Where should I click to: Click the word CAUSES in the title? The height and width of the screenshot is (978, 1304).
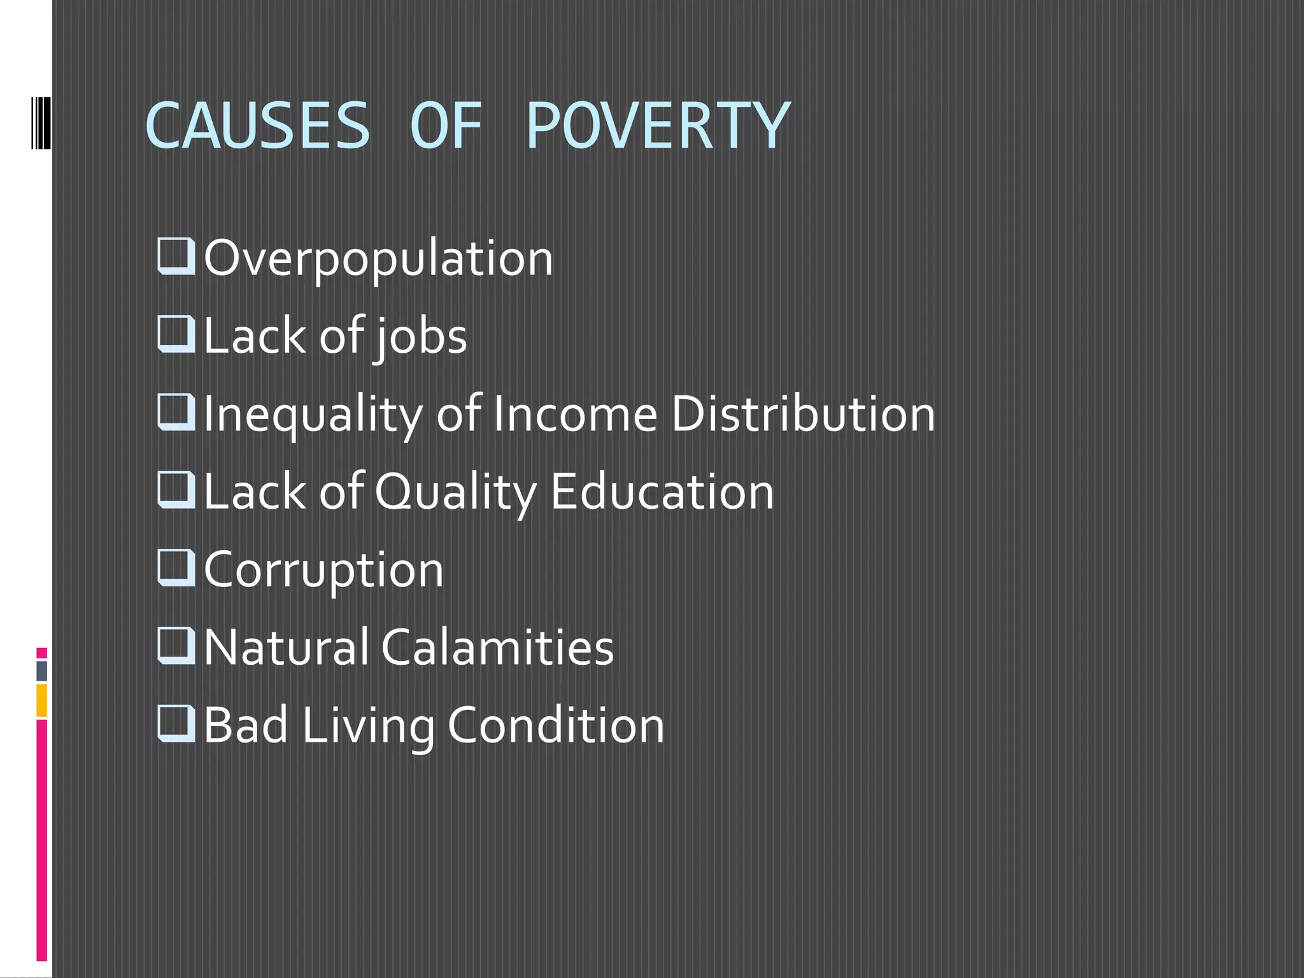pyautogui.click(x=257, y=126)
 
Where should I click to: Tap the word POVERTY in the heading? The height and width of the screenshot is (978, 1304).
pyautogui.click(x=658, y=126)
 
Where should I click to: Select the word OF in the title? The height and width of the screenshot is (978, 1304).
pyautogui.click(x=445, y=126)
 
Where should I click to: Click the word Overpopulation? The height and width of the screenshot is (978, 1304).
pyautogui.click(x=378, y=259)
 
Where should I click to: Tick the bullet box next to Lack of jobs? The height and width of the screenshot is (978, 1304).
pyautogui.click(x=176, y=334)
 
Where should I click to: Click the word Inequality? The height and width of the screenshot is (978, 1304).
pyautogui.click(x=313, y=415)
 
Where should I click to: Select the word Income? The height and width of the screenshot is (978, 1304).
pyautogui.click(x=574, y=415)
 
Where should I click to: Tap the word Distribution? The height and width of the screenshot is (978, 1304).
pyautogui.click(x=803, y=415)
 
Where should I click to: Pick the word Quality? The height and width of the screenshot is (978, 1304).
pyautogui.click(x=456, y=493)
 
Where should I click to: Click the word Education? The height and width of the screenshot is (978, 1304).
pyautogui.click(x=662, y=492)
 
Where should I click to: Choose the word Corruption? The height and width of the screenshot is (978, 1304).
pyautogui.click(x=323, y=570)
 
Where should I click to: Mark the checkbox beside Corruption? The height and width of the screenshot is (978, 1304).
pyautogui.click(x=176, y=567)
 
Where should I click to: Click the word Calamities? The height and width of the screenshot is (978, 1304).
pyautogui.click(x=497, y=648)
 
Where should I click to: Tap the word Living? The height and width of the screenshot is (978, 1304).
pyautogui.click(x=368, y=726)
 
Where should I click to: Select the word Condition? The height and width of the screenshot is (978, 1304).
pyautogui.click(x=556, y=725)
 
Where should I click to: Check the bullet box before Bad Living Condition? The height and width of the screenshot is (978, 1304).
pyautogui.click(x=176, y=723)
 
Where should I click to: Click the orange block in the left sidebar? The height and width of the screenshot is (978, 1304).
pyautogui.click(x=42, y=700)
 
